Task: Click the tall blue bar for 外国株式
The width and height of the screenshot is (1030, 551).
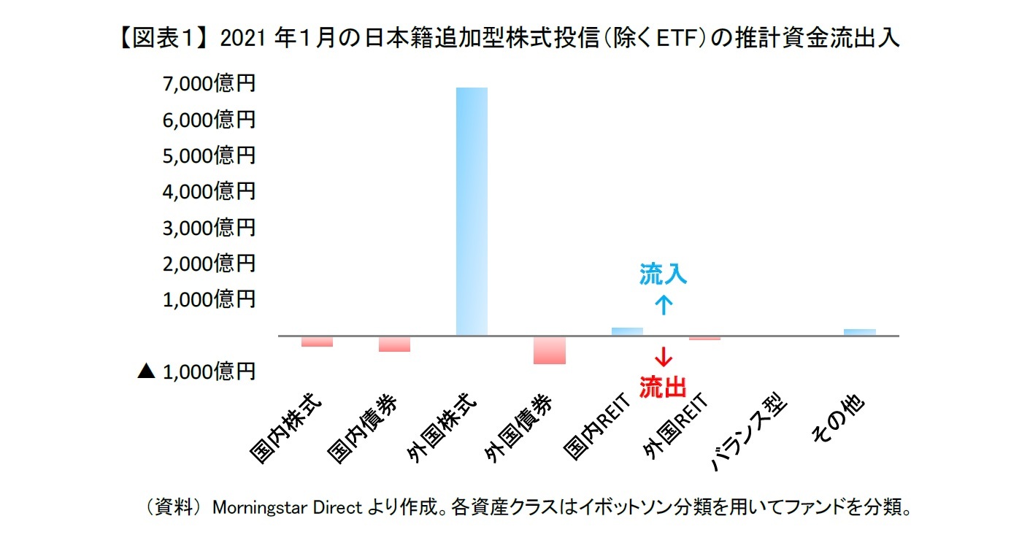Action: point(472,212)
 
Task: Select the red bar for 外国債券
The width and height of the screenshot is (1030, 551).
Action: point(549,350)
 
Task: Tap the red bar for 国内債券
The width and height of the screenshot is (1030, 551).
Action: point(394,344)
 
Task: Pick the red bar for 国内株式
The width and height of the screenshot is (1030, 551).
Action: point(317,342)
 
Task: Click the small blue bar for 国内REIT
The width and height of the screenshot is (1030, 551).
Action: point(627,331)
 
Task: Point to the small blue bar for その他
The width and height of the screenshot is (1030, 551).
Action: point(859,332)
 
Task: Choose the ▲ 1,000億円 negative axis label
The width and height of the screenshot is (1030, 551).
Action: point(196,371)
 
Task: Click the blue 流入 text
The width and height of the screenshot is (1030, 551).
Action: point(663,275)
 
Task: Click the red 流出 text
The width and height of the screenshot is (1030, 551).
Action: point(663,387)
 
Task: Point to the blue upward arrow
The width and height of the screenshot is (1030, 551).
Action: point(663,304)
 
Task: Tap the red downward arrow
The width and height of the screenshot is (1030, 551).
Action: point(663,358)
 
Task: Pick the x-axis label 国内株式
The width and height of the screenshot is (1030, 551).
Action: point(285,431)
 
